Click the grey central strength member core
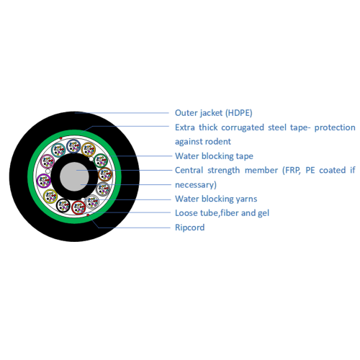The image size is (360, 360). (74, 176)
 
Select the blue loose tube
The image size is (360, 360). (73, 146)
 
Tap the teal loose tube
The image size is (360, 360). (58, 150)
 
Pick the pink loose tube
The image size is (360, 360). (48, 161)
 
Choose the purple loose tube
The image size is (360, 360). (44, 181)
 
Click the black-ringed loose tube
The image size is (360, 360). (63, 206)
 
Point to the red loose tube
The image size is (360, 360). (78, 207)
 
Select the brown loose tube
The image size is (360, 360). (105, 174)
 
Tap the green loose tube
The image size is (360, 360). (101, 161)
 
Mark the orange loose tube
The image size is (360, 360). (89, 149)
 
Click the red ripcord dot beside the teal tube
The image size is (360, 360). (60, 138)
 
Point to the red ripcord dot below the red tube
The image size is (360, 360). (88, 215)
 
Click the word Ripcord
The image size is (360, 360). (190, 228)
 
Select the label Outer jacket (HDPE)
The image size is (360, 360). (214, 113)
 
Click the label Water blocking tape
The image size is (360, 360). (214, 156)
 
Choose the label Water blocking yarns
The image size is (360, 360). (216, 199)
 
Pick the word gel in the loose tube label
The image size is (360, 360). (264, 213)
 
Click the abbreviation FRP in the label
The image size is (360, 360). (292, 170)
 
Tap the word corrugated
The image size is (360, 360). (243, 127)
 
